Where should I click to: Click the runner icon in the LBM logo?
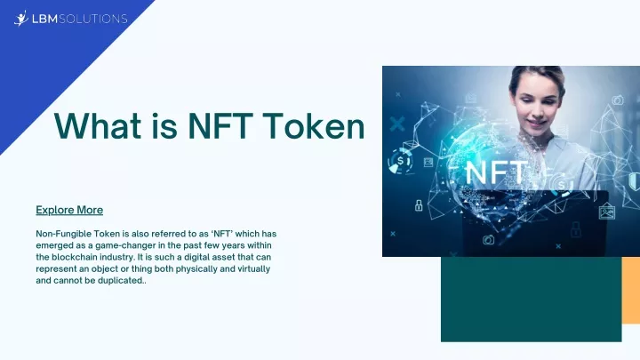(20, 19)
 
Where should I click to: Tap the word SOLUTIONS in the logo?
(93, 19)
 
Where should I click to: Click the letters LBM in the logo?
(45, 19)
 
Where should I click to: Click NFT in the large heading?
(220, 125)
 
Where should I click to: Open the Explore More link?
(69, 210)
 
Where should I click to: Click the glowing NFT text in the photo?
(496, 173)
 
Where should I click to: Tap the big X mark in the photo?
(397, 124)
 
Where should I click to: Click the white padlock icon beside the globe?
(419, 205)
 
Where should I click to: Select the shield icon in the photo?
(634, 181)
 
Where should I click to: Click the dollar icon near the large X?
(400, 161)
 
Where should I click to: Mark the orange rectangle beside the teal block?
(630, 291)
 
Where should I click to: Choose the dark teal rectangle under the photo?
(531, 300)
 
